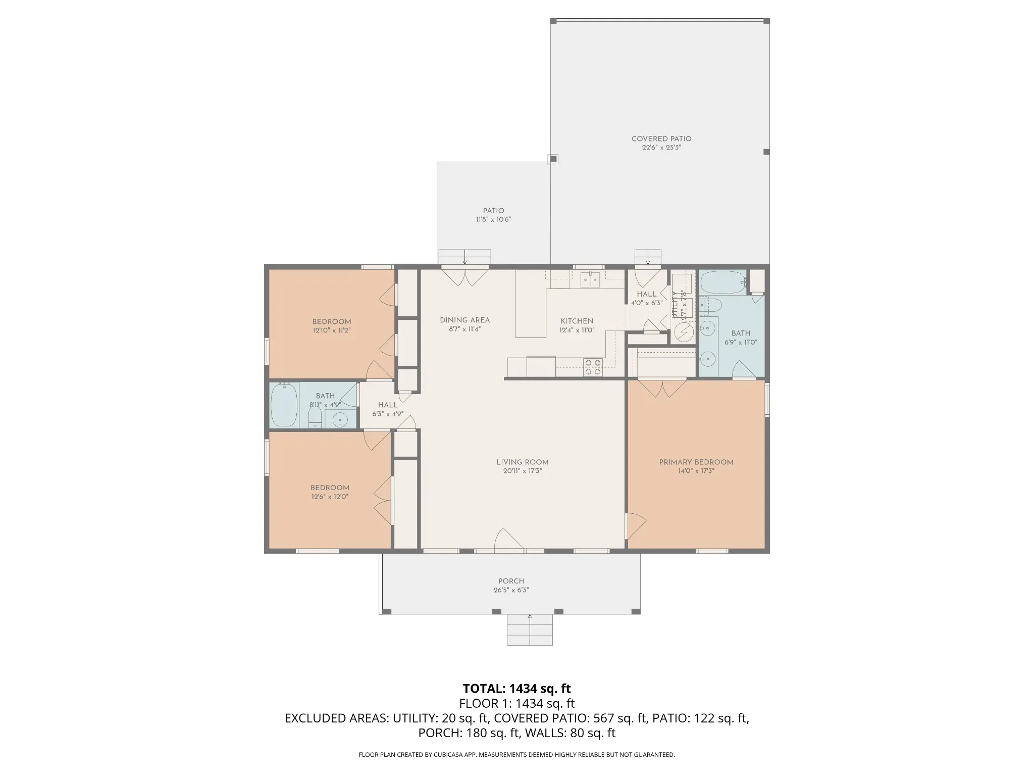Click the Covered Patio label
point(661,139)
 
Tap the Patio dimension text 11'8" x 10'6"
point(493,220)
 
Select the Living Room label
point(522,462)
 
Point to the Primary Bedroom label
point(696,462)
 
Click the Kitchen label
point(577,321)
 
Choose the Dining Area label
point(464,320)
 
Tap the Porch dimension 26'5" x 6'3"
point(511,590)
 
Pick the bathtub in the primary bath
point(723,282)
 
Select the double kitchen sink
point(590,279)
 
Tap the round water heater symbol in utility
point(684,332)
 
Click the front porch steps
point(530,629)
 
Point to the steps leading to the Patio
point(464,257)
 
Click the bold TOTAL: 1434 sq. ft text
point(516,689)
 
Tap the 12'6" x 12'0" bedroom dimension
point(330,497)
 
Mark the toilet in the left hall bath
point(315,417)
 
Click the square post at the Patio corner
point(553,160)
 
